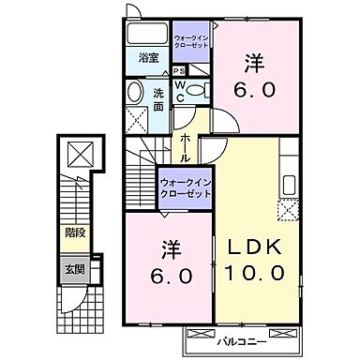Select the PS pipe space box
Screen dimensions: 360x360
click(x=179, y=69)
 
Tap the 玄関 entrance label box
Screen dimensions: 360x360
click(x=75, y=268)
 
